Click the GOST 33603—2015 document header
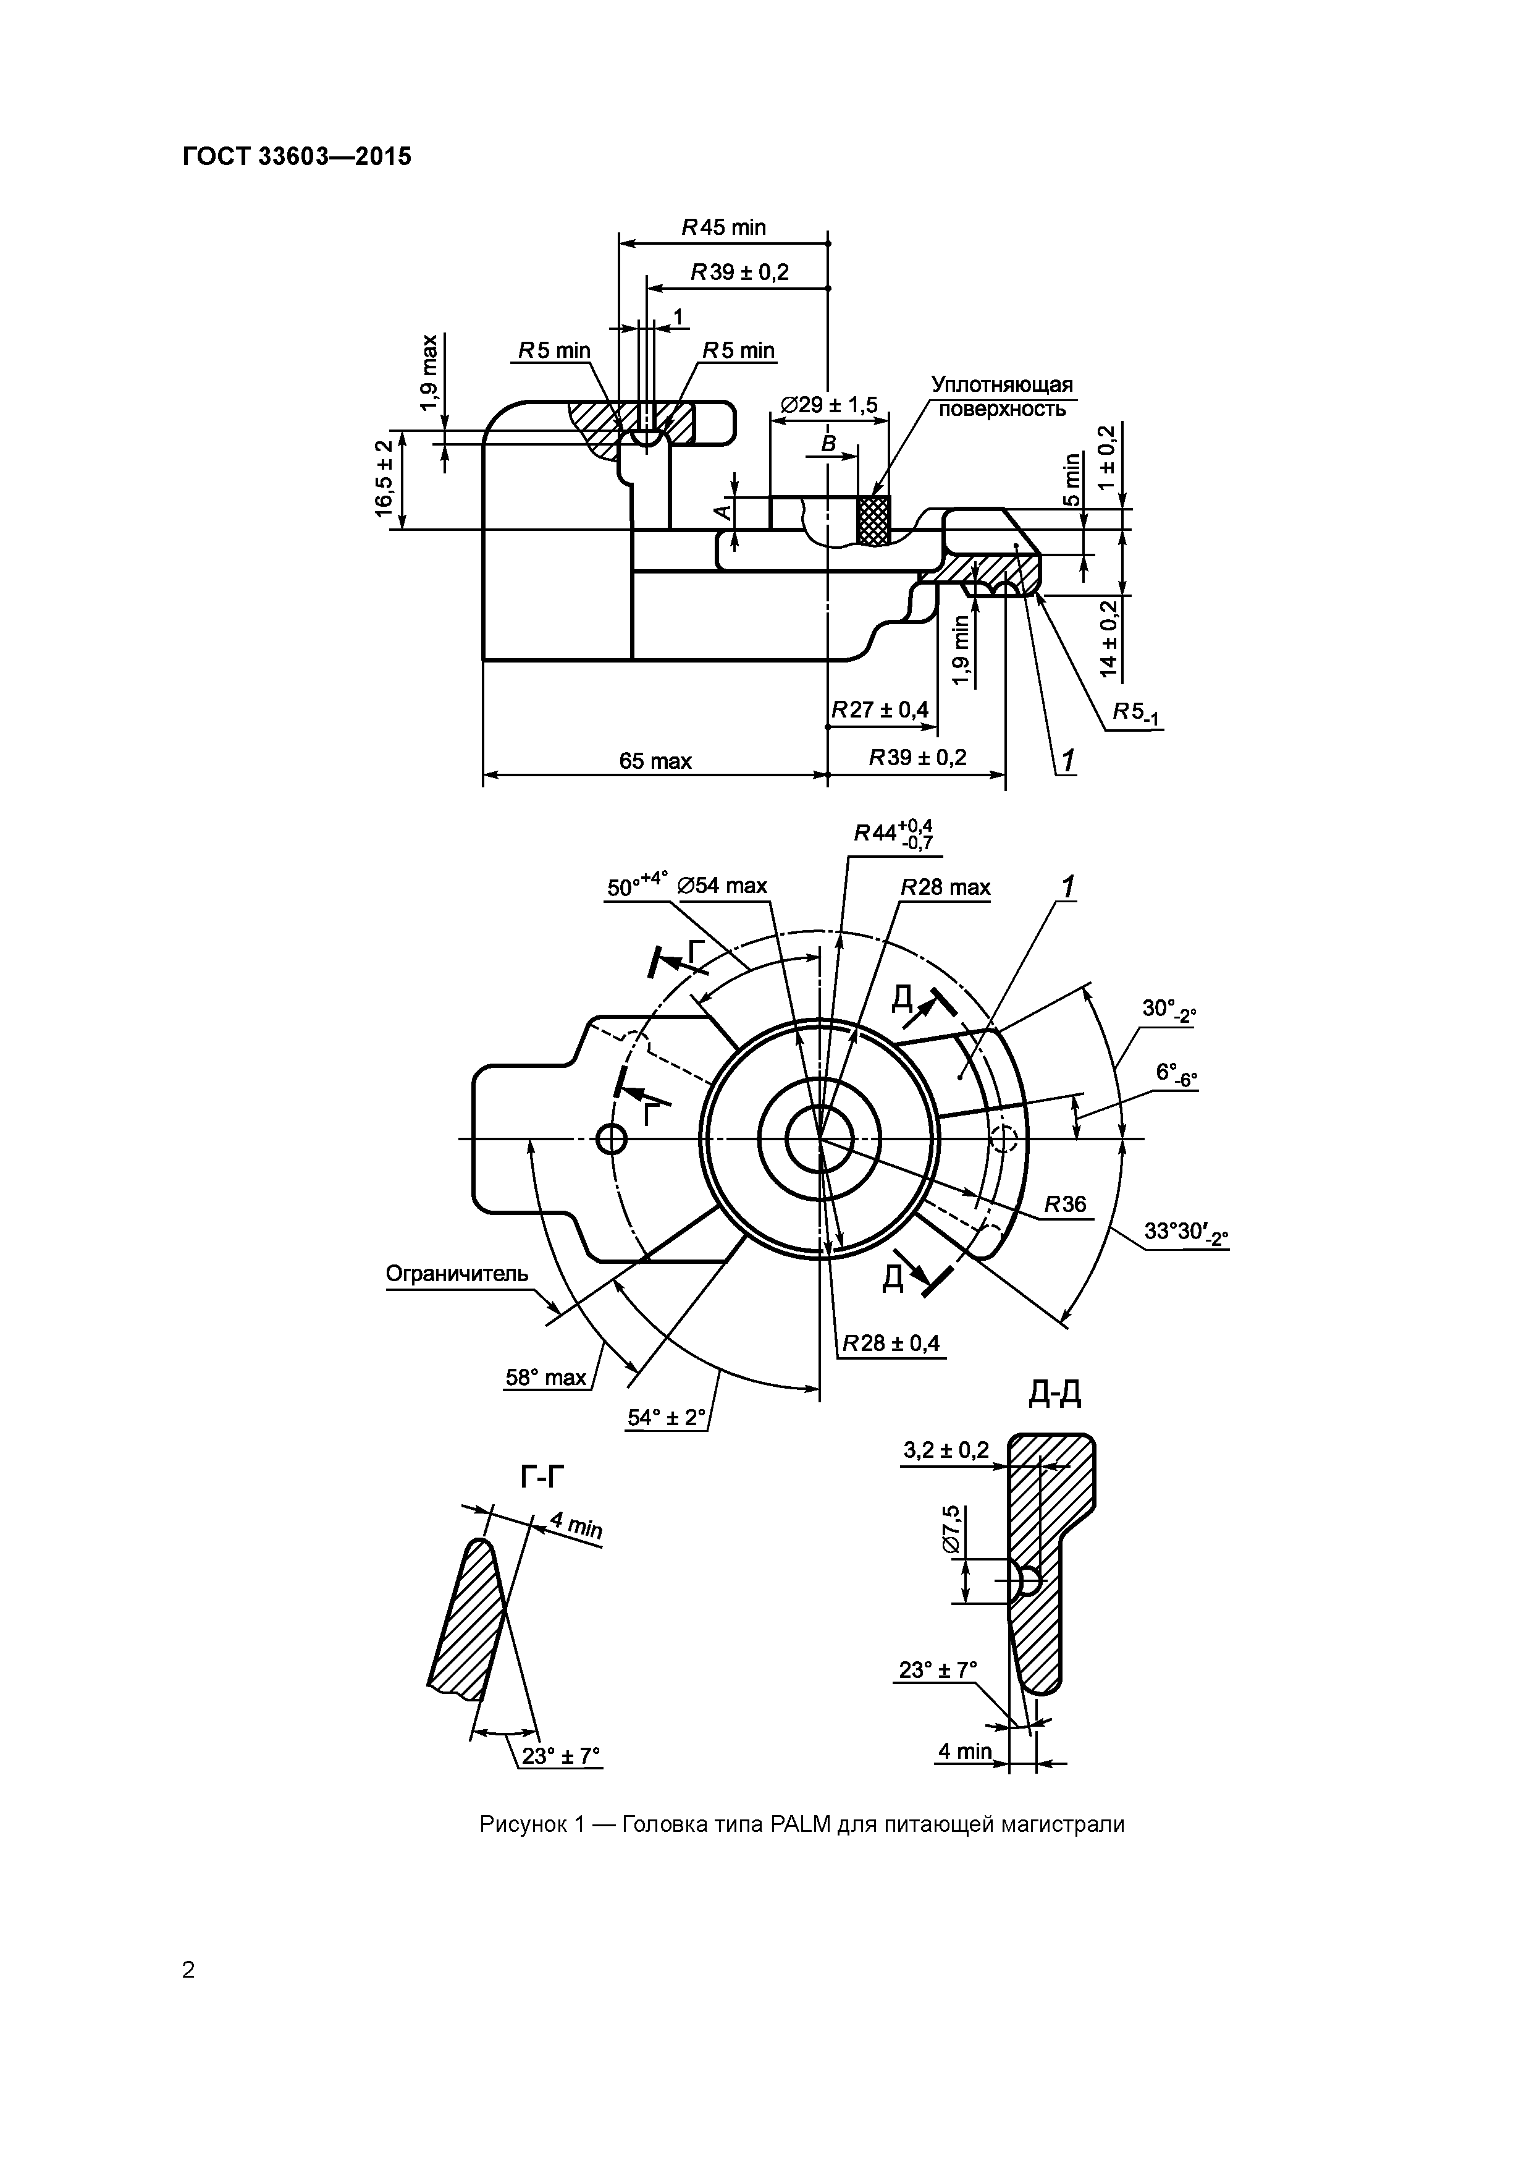pyautogui.click(x=297, y=157)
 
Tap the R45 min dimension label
pyautogui.click(x=724, y=227)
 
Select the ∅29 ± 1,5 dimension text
pyautogui.click(x=829, y=405)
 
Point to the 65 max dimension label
pyautogui.click(x=655, y=760)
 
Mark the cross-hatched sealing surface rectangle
pyautogui.click(x=872, y=520)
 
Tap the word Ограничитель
pyautogui.click(x=457, y=1274)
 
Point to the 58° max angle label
pyautogui.click(x=545, y=1378)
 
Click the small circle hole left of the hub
pyautogui.click(x=612, y=1140)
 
